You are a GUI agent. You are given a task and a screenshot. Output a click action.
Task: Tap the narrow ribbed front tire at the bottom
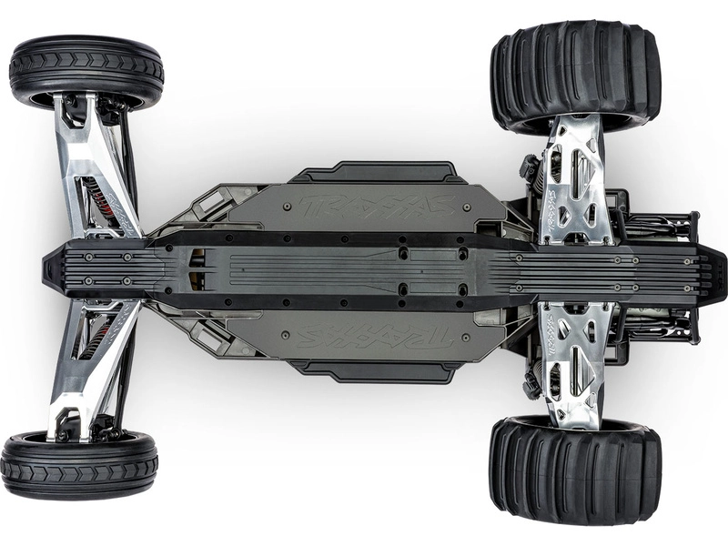[x=79, y=465]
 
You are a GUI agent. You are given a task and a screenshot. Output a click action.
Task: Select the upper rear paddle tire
[x=575, y=75]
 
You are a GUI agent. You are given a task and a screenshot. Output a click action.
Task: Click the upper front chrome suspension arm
[x=91, y=164]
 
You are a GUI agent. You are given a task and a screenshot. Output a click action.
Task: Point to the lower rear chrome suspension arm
[x=571, y=359]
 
